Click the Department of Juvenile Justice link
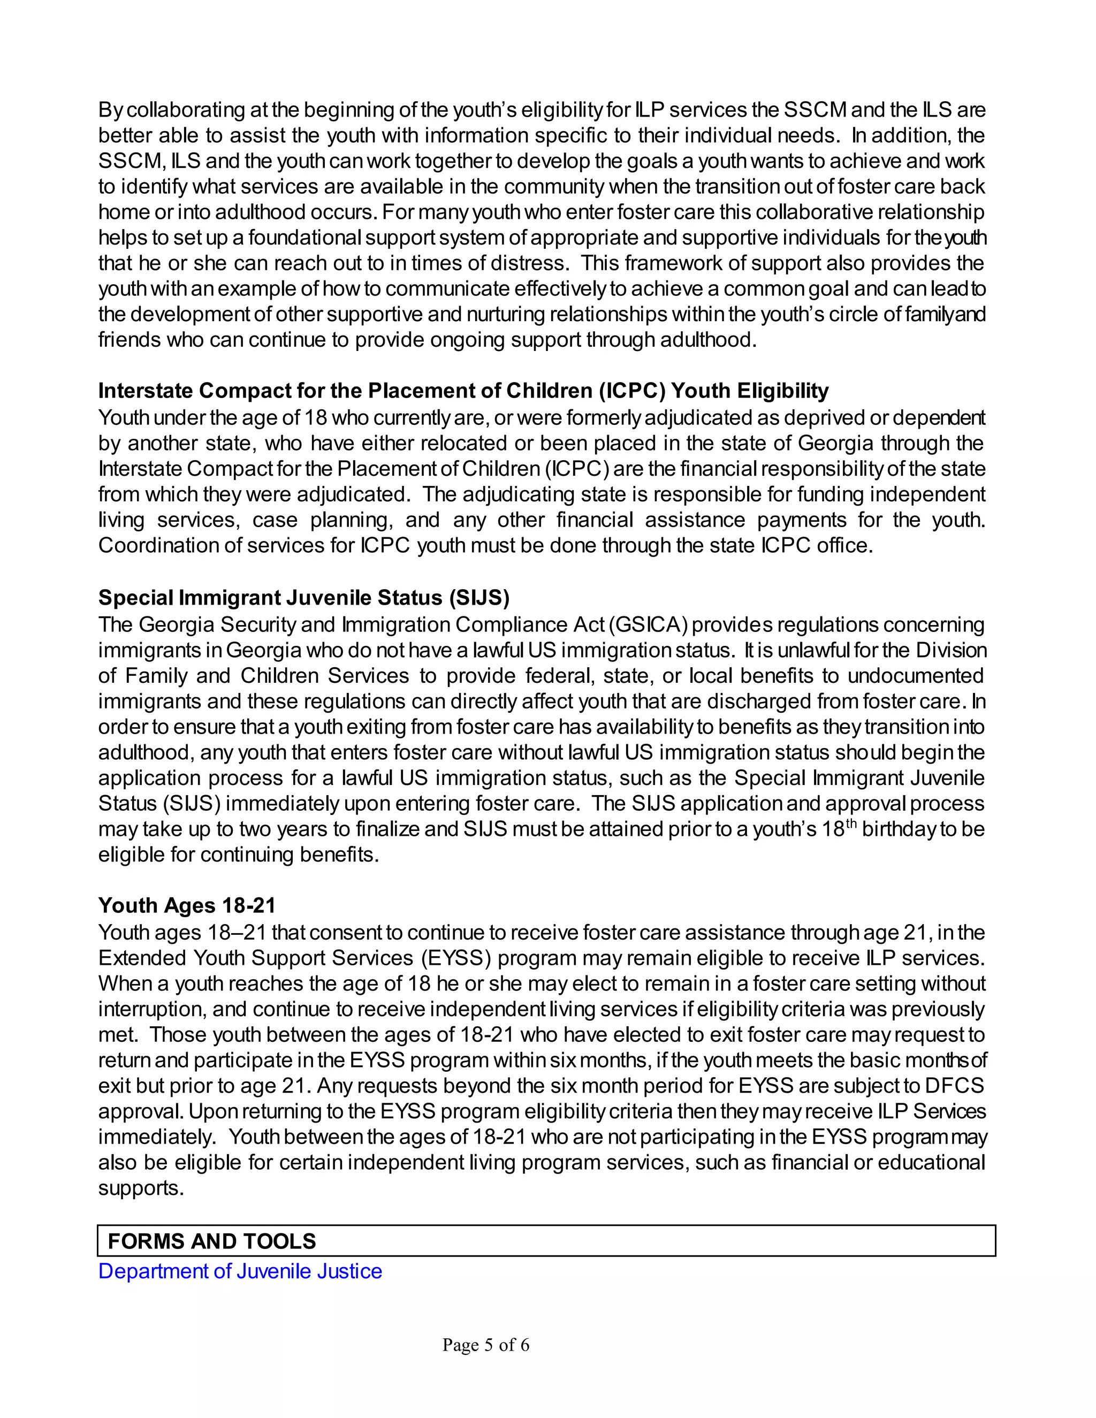[240, 1271]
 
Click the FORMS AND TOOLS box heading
[212, 1241]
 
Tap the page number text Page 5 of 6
[486, 1344]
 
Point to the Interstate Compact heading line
[463, 391]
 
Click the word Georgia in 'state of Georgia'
[835, 443]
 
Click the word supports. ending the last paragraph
[141, 1188]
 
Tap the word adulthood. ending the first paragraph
[709, 340]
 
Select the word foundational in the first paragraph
[305, 238]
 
